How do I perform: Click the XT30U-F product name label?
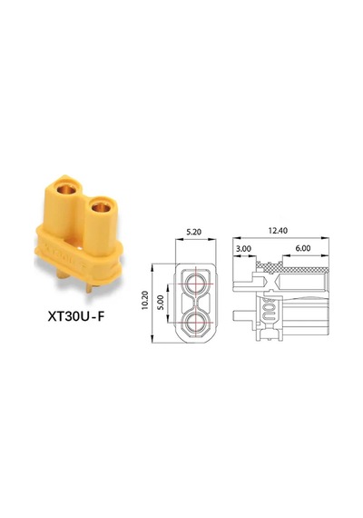[76, 317]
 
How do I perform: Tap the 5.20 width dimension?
[193, 232]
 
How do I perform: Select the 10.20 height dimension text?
[145, 300]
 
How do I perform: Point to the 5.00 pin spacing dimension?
[161, 303]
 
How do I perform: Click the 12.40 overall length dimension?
[278, 230]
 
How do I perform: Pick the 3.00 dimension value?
[243, 248]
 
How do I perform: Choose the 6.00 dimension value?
[302, 248]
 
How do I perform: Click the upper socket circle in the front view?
[195, 284]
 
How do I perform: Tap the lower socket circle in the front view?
[195, 322]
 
